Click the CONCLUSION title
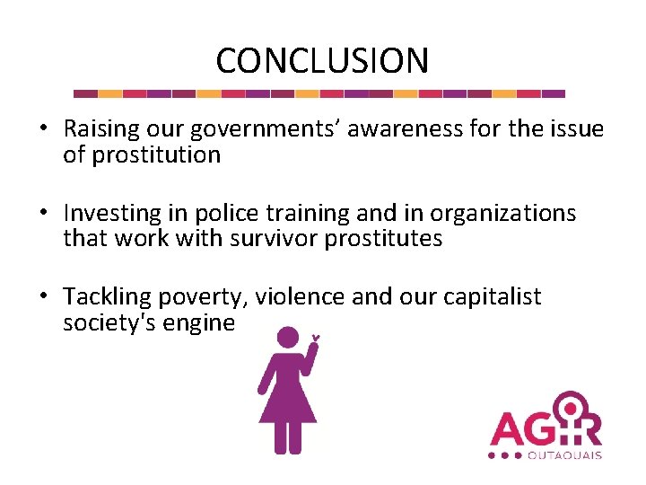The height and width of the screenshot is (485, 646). click(x=322, y=61)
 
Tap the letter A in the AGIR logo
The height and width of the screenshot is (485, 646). click(x=508, y=428)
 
